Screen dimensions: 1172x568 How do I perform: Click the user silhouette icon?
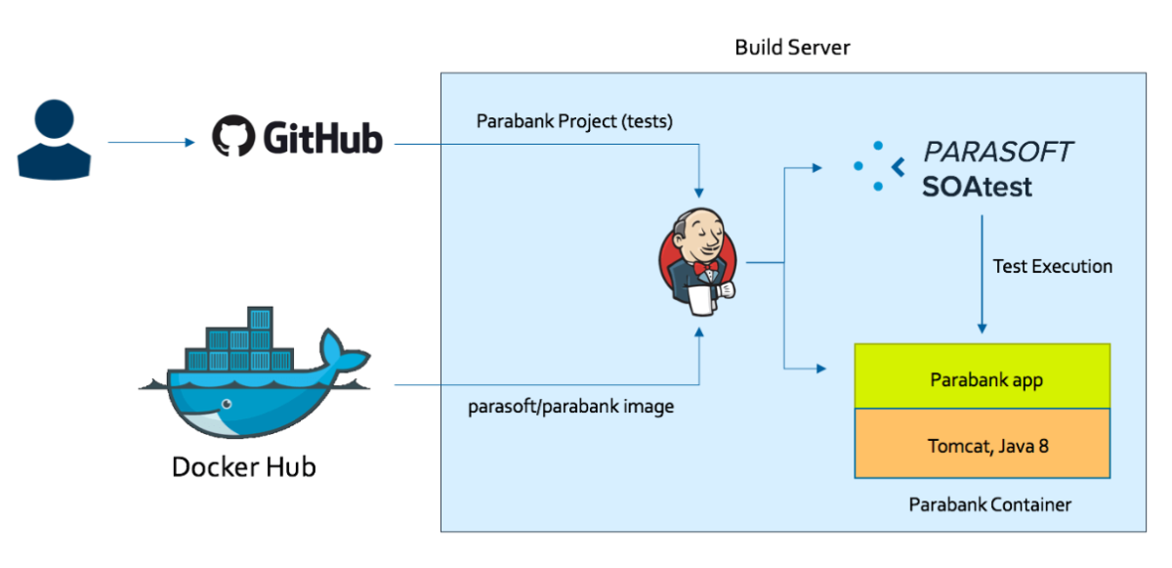click(55, 140)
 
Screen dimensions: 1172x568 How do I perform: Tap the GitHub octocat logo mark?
click(233, 136)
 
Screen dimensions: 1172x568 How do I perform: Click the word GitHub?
click(323, 138)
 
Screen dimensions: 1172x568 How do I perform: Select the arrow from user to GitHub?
click(151, 142)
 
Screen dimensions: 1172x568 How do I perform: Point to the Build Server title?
click(792, 48)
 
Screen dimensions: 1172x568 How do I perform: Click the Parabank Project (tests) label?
click(574, 121)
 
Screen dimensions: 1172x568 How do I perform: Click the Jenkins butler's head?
click(699, 232)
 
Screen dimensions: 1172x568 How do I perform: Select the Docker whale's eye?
click(227, 404)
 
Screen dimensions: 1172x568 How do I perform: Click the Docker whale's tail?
click(343, 355)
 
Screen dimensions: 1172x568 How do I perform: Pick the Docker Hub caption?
click(244, 467)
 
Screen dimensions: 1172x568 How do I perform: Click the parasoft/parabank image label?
click(570, 407)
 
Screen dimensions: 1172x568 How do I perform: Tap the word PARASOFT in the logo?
click(998, 153)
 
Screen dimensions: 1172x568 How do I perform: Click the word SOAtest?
click(977, 187)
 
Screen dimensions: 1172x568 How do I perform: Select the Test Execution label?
click(1053, 267)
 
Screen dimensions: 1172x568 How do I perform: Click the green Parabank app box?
click(983, 375)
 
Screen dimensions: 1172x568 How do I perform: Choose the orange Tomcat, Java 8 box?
click(983, 444)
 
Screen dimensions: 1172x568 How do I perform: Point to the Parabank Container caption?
click(990, 504)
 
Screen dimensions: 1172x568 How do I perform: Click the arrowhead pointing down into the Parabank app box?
click(983, 328)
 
